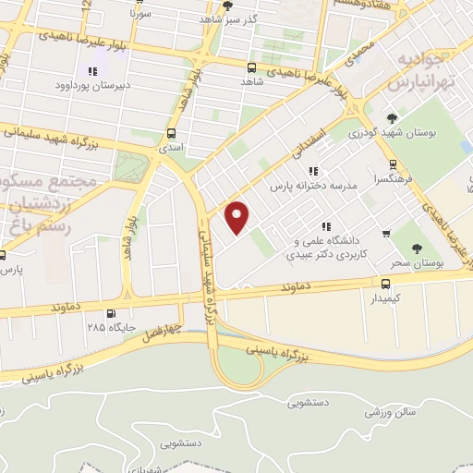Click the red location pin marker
pos(238,217)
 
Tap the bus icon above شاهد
pos(252,67)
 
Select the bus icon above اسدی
pos(171,133)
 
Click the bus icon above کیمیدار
pos(385,283)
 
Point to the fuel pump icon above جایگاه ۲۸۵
pos(113,313)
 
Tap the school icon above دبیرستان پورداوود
pos(91,71)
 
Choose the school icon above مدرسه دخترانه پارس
pos(314,171)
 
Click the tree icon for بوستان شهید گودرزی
pos(392,118)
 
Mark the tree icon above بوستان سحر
pos(417,248)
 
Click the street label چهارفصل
pos(164,329)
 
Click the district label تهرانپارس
pos(410,84)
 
